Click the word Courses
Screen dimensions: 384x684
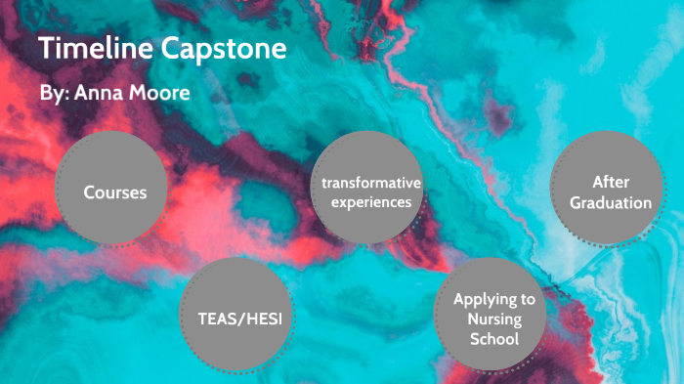114,192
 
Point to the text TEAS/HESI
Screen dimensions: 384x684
239,319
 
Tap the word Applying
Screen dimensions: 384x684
480,299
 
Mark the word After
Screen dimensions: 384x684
609,183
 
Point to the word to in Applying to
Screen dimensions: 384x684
528,299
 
